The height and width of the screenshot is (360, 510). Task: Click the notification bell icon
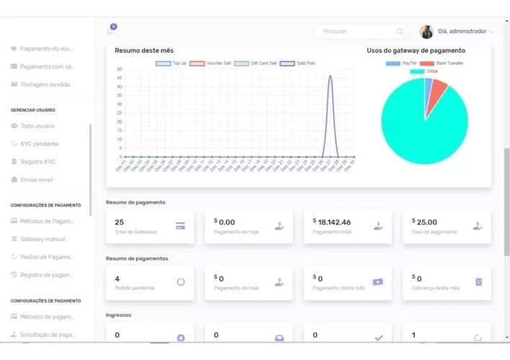pyautogui.click(x=110, y=30)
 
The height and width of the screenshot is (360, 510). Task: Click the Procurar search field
pyautogui.click(x=357, y=32)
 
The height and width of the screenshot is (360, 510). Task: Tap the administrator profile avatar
pyautogui.click(x=426, y=32)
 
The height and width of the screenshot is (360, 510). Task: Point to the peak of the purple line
pyautogui.click(x=330, y=76)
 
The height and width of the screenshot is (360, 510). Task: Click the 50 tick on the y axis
pyautogui.click(x=119, y=70)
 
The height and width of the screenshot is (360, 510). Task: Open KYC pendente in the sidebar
pyautogui.click(x=40, y=144)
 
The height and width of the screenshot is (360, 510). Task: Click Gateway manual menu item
pyautogui.click(x=42, y=238)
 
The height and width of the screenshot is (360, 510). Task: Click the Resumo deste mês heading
pyautogui.click(x=144, y=50)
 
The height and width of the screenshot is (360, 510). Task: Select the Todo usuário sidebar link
pyautogui.click(x=37, y=126)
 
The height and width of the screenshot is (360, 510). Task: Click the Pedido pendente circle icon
pyautogui.click(x=181, y=282)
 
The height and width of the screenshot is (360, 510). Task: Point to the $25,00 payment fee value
pyautogui.click(x=426, y=222)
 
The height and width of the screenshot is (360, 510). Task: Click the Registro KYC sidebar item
pyautogui.click(x=38, y=162)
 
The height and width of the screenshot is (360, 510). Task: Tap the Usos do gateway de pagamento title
pyautogui.click(x=416, y=50)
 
